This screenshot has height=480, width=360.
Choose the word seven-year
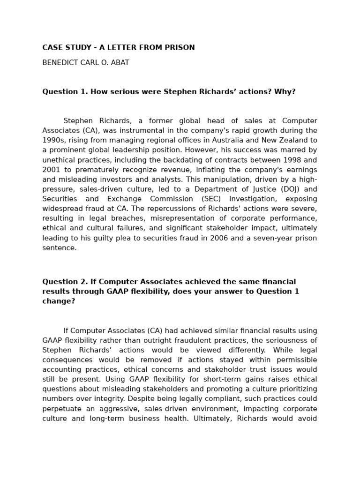coord(274,238)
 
